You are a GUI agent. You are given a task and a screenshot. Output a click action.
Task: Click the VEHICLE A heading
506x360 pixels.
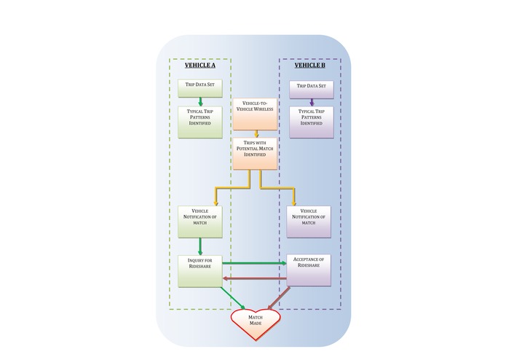point(199,66)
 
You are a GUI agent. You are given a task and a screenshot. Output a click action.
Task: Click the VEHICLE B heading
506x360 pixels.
point(309,66)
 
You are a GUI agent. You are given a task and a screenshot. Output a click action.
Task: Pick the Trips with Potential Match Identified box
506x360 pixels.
point(255,153)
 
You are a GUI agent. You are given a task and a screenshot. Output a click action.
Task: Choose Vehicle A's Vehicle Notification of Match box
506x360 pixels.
point(200,222)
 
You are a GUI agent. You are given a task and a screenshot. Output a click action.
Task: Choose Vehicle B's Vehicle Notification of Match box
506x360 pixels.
point(308,222)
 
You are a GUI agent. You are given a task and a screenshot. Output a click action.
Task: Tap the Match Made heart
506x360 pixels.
point(256,322)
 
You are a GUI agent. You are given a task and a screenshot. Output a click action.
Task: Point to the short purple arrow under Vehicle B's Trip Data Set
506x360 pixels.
point(312,102)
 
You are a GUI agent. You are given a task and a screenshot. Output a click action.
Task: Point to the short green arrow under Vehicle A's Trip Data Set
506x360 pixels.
point(200,101)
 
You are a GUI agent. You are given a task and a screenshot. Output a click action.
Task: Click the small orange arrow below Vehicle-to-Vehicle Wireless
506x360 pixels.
point(255,133)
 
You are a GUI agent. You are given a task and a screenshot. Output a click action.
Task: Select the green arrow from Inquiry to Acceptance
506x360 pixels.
point(254,263)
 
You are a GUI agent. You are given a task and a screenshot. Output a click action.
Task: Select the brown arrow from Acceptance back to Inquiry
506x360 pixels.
point(254,278)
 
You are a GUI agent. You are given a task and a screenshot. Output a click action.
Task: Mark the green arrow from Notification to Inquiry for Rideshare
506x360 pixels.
point(200,246)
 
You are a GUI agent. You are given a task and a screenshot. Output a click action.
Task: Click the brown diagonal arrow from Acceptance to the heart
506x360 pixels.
point(280,299)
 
